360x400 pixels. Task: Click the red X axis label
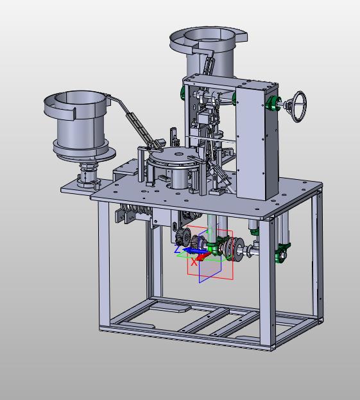(194, 262)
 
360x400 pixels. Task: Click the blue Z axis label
(178, 248)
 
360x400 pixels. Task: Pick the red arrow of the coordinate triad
(203, 256)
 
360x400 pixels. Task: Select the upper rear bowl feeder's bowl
(208, 39)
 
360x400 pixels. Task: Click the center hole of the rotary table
(179, 154)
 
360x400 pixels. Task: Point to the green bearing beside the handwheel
(273, 103)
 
